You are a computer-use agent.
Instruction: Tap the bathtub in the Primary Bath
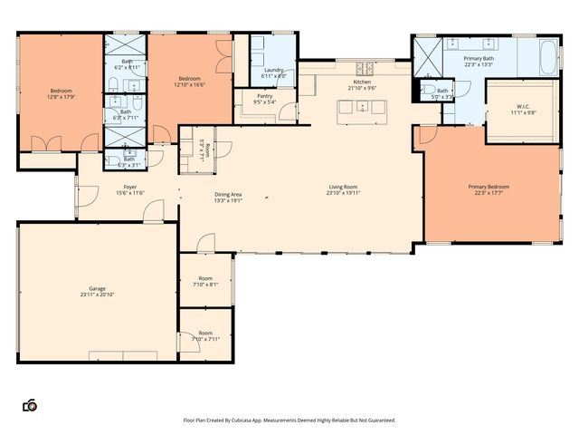[x=550, y=57]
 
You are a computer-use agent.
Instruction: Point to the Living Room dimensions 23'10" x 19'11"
[x=344, y=193]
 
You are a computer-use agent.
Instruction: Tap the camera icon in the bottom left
[x=30, y=405]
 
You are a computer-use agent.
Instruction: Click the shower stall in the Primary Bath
[x=427, y=55]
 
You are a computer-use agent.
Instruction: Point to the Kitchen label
[x=361, y=82]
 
